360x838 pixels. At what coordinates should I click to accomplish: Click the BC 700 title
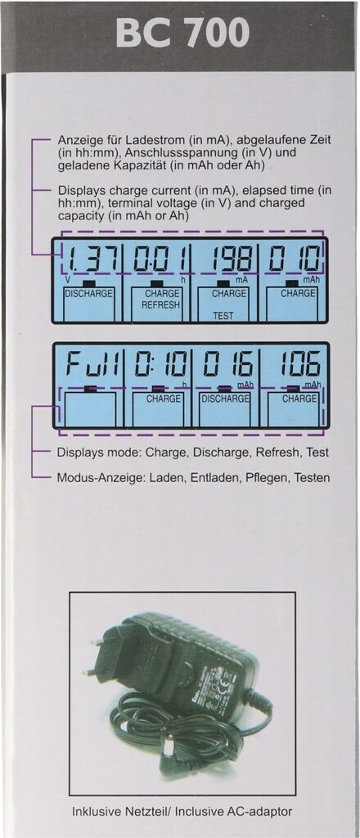(182, 32)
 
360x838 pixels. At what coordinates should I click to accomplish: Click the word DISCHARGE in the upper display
(88, 294)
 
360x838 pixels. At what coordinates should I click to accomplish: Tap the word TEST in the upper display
(223, 316)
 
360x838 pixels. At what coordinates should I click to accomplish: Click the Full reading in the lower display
(92, 367)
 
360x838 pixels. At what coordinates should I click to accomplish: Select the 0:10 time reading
(160, 367)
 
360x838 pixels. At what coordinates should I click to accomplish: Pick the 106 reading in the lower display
(299, 367)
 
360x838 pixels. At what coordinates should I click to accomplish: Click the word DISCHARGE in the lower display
(225, 399)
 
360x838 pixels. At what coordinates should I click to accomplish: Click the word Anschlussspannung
(167, 152)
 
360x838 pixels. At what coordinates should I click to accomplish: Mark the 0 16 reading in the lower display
(227, 367)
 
